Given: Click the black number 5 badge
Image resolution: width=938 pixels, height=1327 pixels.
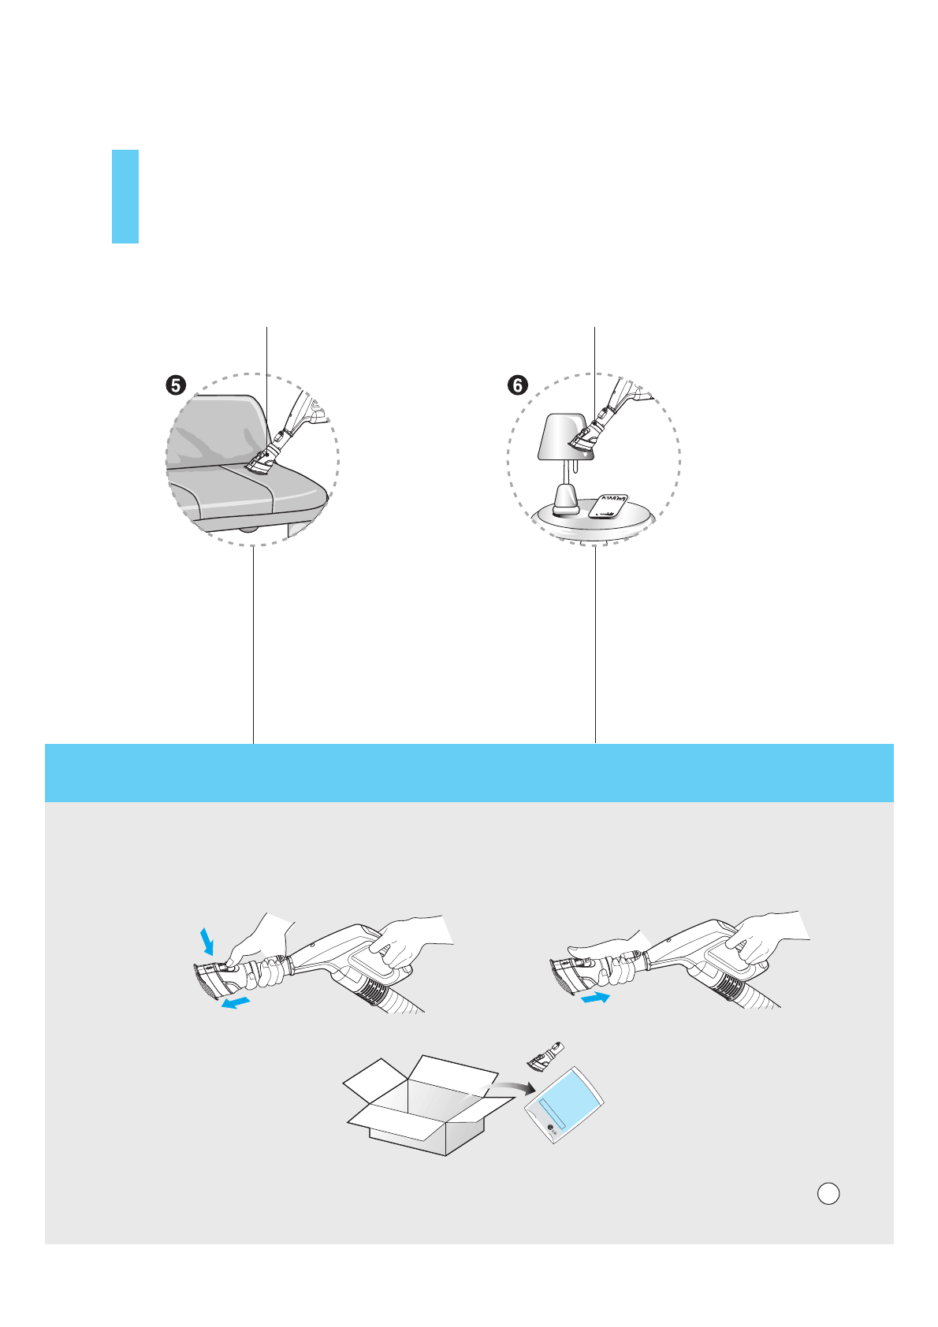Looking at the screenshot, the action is point(175,385).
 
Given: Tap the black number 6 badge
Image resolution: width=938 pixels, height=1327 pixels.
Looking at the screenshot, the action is point(517,385).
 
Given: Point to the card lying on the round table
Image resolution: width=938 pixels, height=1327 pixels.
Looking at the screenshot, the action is point(610,506).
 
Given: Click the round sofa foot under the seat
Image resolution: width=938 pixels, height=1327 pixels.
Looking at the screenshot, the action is point(249,529).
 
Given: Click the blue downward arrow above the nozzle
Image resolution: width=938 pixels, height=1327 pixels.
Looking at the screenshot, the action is point(207,939).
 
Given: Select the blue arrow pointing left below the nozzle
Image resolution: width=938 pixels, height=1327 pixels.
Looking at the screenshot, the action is point(236,1002).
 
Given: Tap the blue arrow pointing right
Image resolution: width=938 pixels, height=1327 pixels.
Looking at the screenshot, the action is point(596,998).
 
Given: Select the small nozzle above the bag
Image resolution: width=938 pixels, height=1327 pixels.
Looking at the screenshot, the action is point(547,1056).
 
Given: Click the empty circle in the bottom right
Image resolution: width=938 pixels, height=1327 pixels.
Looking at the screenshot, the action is point(828,1193).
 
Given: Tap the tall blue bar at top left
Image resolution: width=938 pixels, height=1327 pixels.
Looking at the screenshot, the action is point(125,196).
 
